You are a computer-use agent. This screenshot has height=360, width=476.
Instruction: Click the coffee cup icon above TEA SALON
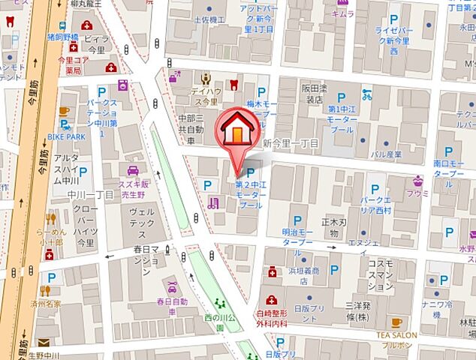coord(396,322)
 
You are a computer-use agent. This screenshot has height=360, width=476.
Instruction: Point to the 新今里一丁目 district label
coord(291,142)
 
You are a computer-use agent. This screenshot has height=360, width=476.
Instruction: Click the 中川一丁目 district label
coord(89,195)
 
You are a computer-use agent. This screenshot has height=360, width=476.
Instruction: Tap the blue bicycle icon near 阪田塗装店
coord(366,95)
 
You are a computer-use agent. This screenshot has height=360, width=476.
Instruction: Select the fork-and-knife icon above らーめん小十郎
coord(51,219)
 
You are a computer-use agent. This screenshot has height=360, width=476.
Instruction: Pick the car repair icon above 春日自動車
coord(172,287)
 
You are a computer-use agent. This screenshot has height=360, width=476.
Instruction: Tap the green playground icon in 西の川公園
coord(220,304)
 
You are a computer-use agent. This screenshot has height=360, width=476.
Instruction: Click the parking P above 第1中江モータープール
coord(342,97)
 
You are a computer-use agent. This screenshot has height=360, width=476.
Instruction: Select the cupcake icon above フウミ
coord(417,180)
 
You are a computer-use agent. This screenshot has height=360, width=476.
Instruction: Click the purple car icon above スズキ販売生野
coord(132,170)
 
